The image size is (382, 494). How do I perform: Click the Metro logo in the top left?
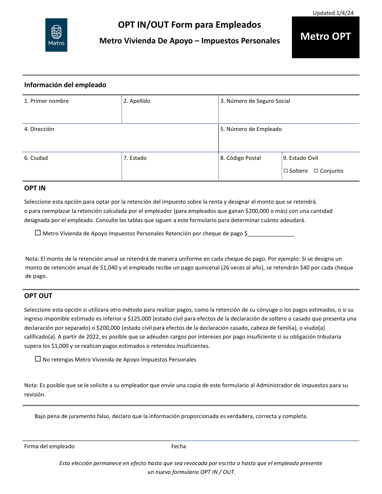[56, 35]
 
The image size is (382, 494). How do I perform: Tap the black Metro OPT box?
[325, 37]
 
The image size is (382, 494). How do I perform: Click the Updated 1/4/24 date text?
[333, 13]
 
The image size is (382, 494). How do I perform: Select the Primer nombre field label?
[46, 101]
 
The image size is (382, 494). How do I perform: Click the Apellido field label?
[137, 101]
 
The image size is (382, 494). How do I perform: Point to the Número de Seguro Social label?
[255, 101]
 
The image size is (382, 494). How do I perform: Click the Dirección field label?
[39, 129]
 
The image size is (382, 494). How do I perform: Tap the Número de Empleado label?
[251, 129]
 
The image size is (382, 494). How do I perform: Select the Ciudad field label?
[36, 158]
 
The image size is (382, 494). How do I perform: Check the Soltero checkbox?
[286, 171]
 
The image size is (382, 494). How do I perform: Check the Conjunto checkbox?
[316, 171]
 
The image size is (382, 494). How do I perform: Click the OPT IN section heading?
[35, 188]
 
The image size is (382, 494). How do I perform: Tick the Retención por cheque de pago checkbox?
[38, 233]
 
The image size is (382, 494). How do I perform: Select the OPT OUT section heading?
[38, 296]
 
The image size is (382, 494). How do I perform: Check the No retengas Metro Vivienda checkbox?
[38, 359]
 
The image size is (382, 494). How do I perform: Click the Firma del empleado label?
[49, 446]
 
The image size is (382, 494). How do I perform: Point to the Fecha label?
[179, 446]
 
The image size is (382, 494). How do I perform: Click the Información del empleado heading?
[65, 85]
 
